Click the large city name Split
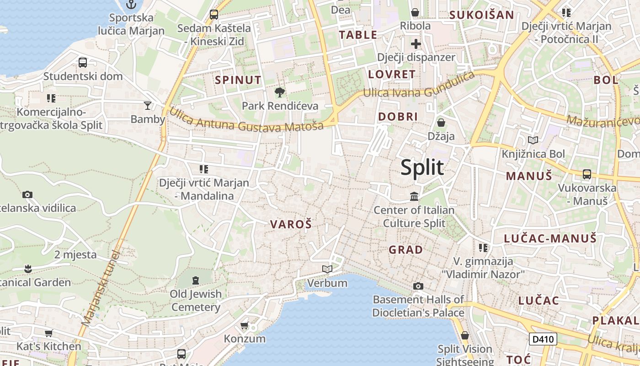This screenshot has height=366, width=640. [422, 167]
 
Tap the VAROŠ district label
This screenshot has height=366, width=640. [291, 224]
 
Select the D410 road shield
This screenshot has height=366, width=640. [543, 339]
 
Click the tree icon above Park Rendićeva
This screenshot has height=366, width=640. [279, 92]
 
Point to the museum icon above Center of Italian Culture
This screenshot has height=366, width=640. [414, 197]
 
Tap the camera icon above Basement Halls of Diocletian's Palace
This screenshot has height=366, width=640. [418, 286]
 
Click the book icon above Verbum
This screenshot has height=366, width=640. [327, 269]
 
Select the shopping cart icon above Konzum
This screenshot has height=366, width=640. [245, 325]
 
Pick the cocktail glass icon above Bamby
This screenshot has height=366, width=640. [147, 106]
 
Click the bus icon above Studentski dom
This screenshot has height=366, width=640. [83, 63]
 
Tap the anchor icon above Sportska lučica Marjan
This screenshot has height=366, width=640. [131, 5]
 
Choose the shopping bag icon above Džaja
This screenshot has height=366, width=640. [441, 123]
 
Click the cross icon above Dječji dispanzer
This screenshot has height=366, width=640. [416, 44]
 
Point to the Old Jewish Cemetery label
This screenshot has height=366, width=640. [196, 300]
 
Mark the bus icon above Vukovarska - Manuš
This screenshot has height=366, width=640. [587, 174]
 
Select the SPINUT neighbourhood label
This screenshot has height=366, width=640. [238, 80]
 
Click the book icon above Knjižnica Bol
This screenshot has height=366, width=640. [533, 140]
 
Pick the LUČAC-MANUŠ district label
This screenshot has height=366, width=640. [550, 238]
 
